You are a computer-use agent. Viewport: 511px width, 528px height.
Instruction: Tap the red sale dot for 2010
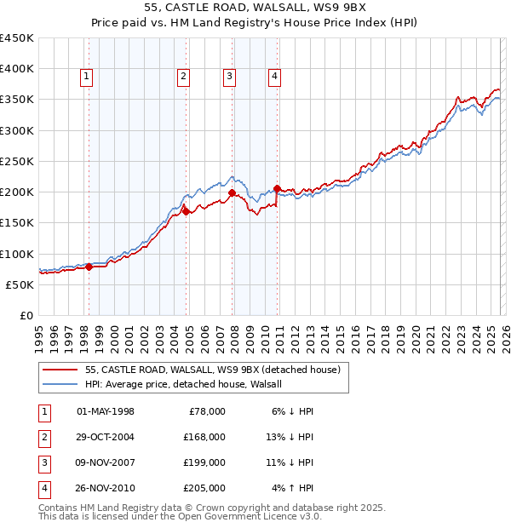coord(278,188)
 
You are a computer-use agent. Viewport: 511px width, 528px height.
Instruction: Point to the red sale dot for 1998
coord(89,267)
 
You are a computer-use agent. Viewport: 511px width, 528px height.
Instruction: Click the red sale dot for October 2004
coord(186,211)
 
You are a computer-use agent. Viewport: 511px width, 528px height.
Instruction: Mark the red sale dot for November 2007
coord(232,192)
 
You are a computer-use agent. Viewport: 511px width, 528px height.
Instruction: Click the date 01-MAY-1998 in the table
coord(106,411)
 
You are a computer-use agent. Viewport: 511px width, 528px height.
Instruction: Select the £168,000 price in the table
coord(204,437)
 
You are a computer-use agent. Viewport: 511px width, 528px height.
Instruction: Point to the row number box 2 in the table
coord(43,437)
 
